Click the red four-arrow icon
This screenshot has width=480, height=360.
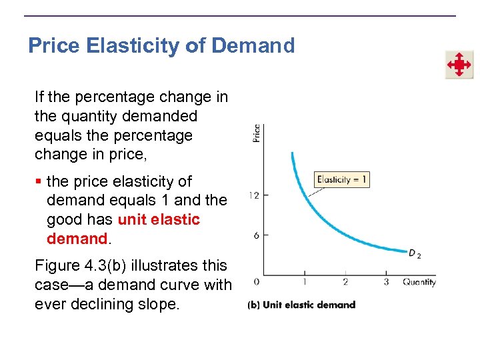459,65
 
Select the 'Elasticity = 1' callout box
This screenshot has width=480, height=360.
341,179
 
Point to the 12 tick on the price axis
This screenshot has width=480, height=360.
254,195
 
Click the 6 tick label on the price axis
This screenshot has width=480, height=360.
256,235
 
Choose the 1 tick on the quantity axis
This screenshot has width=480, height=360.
305,282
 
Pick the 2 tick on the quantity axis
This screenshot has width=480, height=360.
345,282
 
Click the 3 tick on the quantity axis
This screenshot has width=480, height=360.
386,282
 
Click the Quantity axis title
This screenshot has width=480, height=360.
419,282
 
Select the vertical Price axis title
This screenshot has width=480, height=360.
257,133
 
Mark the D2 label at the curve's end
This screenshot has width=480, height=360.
415,254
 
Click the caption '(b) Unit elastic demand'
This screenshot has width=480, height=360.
301,305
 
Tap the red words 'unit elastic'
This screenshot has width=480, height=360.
159,219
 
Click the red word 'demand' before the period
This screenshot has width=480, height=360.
77,238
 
